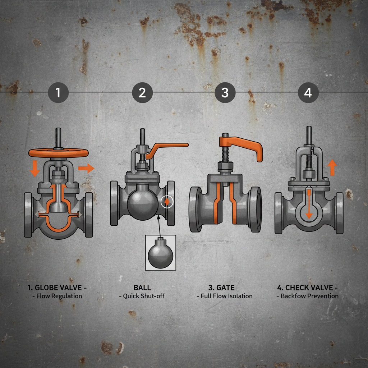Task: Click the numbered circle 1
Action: pos(58,93)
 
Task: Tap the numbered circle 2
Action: pos(142,93)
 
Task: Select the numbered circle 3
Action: pos(225,93)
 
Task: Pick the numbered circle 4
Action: pos(308,93)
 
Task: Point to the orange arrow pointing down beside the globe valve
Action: pos(35,169)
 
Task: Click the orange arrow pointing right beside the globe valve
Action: pos(86,168)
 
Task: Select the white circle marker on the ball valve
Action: pos(167,202)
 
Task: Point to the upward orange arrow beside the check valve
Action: pos(332,167)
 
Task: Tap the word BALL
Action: pos(142,287)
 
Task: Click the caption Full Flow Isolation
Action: pos(225,296)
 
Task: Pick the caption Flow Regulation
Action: pos(58,296)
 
